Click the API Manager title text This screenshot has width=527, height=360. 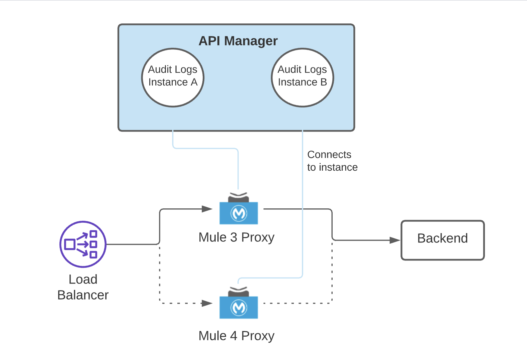coord(238,41)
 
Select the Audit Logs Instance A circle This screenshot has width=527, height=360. coord(173,77)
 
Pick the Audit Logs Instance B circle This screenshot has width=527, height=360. coord(302,77)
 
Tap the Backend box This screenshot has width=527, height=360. coord(443,240)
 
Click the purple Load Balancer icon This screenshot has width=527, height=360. coord(83,244)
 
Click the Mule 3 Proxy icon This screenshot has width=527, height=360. coord(238,210)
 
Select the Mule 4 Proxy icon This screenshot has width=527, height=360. coord(238,304)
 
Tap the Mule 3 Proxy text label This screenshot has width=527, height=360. coord(236,237)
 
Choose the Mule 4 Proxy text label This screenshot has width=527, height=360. coord(236,336)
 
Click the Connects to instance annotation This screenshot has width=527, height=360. coord(332,161)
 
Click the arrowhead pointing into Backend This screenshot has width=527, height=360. coord(395,240)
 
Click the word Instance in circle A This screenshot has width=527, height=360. coord(168,82)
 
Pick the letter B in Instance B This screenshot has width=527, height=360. coord(323,82)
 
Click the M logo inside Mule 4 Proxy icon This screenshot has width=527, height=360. coord(239,307)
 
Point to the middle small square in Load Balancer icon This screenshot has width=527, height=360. coord(94,244)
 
